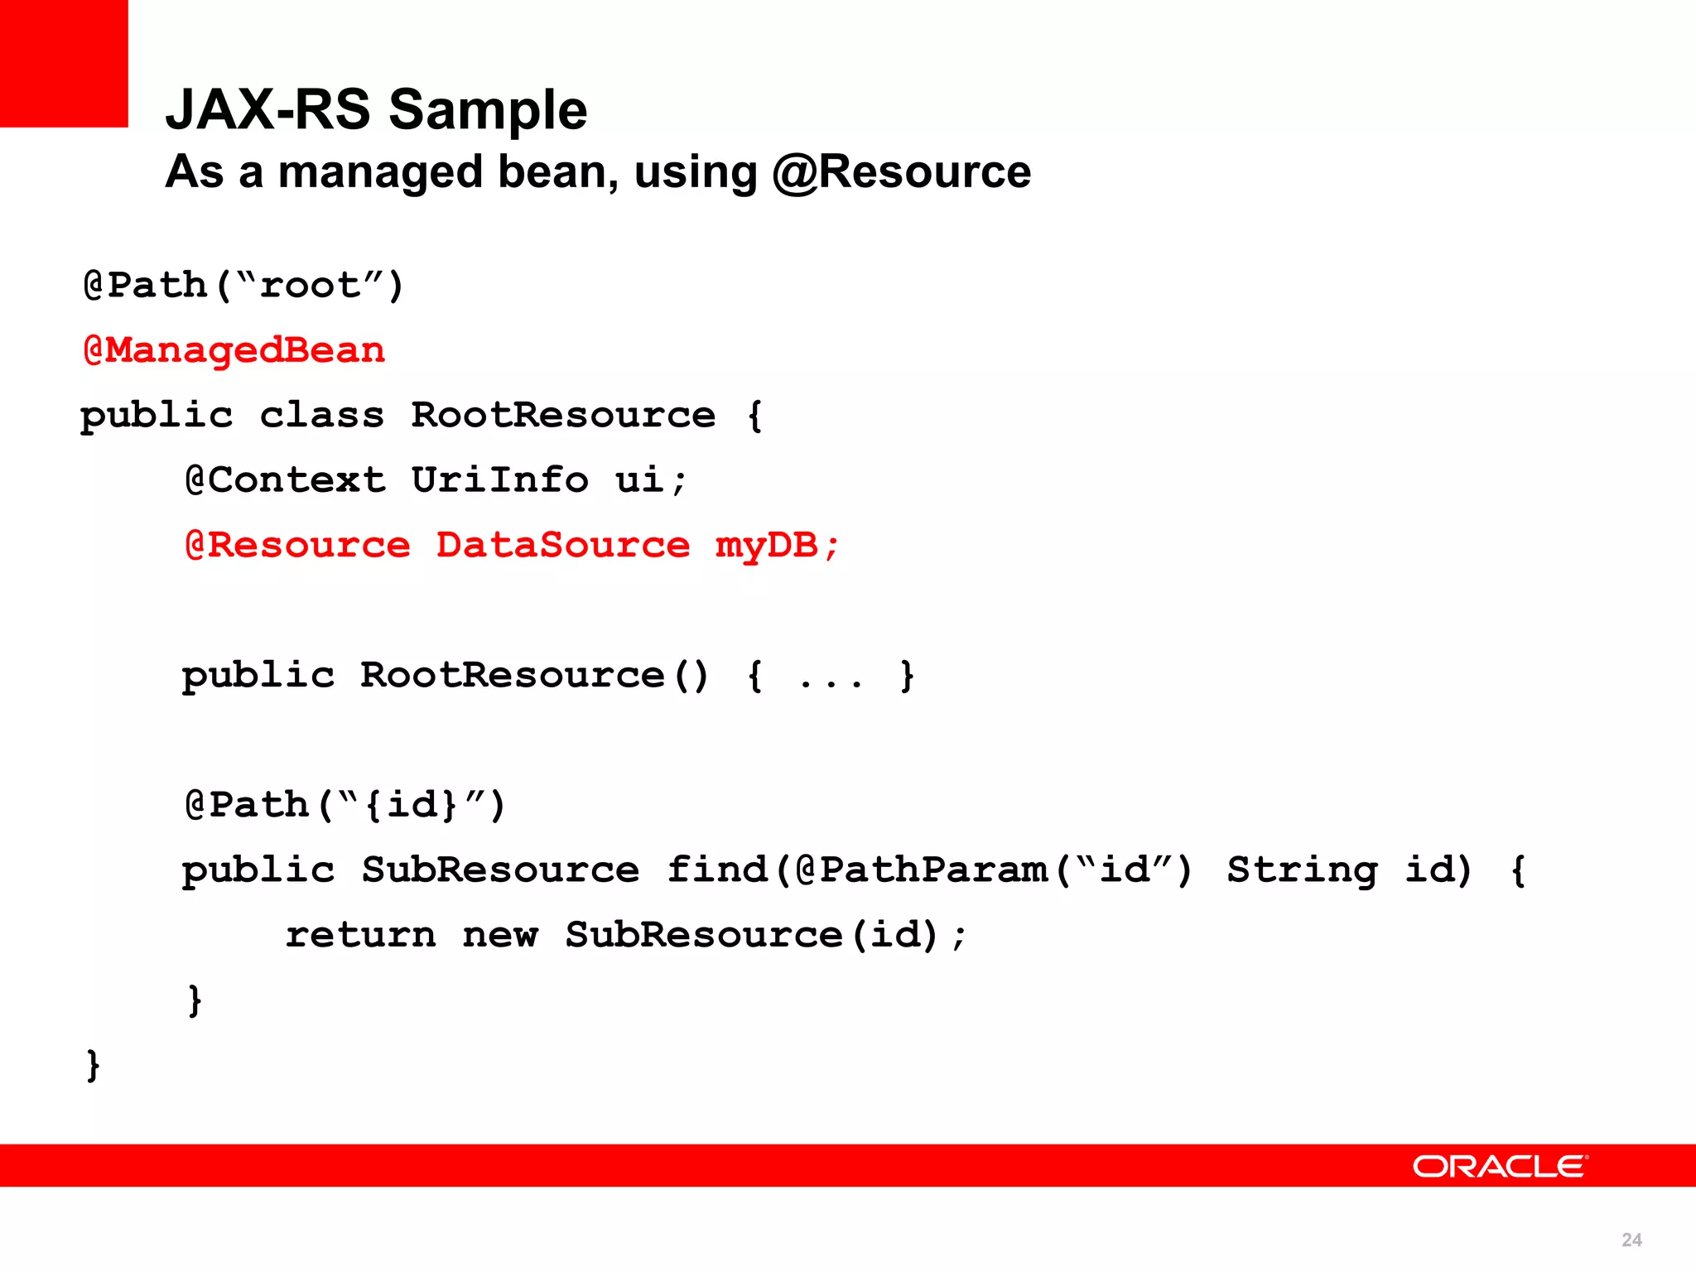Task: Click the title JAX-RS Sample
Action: click(x=376, y=109)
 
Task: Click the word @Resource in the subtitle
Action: click(x=901, y=172)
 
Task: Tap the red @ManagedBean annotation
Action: click(x=234, y=350)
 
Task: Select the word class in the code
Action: click(x=322, y=415)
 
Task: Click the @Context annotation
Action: click(x=285, y=480)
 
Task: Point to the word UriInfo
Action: click(x=499, y=480)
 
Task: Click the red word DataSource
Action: click(x=562, y=545)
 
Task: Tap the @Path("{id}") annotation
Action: click(x=344, y=805)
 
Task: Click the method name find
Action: click(x=717, y=870)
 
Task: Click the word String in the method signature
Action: click(x=1302, y=870)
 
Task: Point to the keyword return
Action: click(x=360, y=935)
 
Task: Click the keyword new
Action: click(x=500, y=936)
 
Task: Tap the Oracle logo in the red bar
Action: click(x=1499, y=1166)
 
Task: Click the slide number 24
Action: click(x=1631, y=1240)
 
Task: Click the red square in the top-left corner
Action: click(x=64, y=63)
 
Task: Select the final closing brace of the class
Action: click(x=93, y=1065)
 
